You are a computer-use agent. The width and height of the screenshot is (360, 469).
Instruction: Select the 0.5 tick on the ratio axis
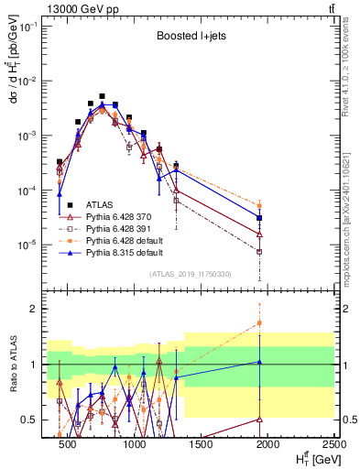pyautogui.click(x=28, y=420)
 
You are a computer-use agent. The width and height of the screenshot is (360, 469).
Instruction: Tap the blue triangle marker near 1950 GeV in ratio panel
pyautogui.click(x=260, y=362)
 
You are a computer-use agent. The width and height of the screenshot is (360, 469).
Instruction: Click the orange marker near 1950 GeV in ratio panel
pyautogui.click(x=260, y=322)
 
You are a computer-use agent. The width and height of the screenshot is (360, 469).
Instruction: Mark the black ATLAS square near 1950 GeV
pyautogui.click(x=260, y=218)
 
